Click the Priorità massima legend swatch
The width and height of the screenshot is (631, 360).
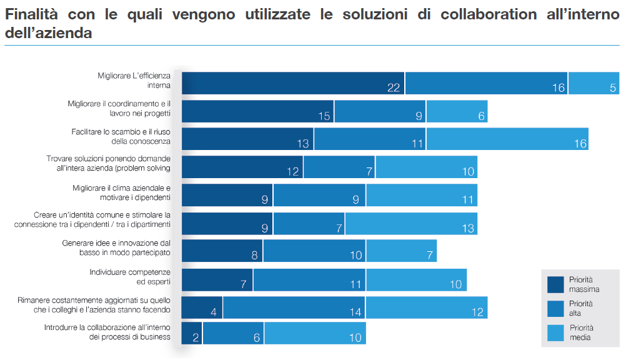555,284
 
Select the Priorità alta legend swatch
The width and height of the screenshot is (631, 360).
555,307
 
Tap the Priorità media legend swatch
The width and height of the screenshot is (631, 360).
555,332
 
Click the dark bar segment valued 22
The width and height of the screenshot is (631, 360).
293,83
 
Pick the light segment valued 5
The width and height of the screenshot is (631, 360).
594,83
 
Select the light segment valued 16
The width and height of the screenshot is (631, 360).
507,139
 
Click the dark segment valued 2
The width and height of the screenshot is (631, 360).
192,333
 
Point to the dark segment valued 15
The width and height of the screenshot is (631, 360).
257,111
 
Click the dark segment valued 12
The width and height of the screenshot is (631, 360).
242,167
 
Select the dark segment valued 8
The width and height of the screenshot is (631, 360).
222,251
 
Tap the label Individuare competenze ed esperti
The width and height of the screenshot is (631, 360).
130,277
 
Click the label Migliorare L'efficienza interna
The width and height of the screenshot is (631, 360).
134,80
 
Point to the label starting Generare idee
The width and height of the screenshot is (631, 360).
116,248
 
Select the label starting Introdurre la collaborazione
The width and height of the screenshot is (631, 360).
107,332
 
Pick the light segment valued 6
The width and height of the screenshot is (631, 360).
457,111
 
